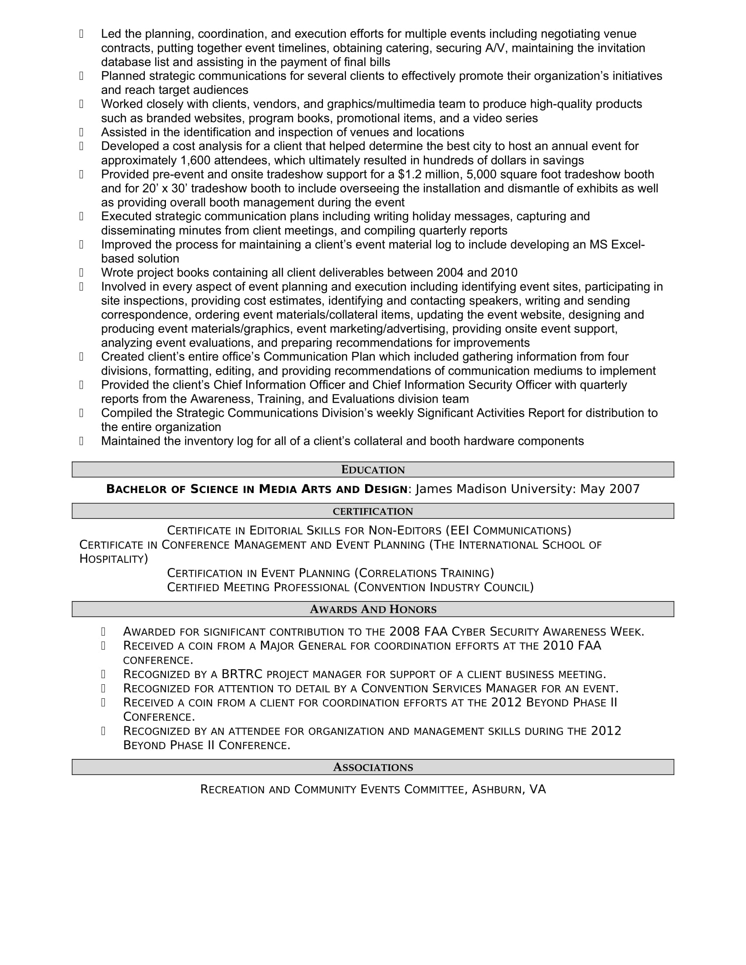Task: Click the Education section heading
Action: point(373,470)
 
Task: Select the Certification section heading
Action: point(373,511)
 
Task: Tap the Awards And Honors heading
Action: point(373,609)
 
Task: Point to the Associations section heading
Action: point(373,768)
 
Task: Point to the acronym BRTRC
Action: point(242,674)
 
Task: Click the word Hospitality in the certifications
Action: point(112,559)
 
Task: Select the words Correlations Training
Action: point(425,574)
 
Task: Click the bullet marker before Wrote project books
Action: point(81,273)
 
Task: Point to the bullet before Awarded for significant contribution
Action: point(104,632)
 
